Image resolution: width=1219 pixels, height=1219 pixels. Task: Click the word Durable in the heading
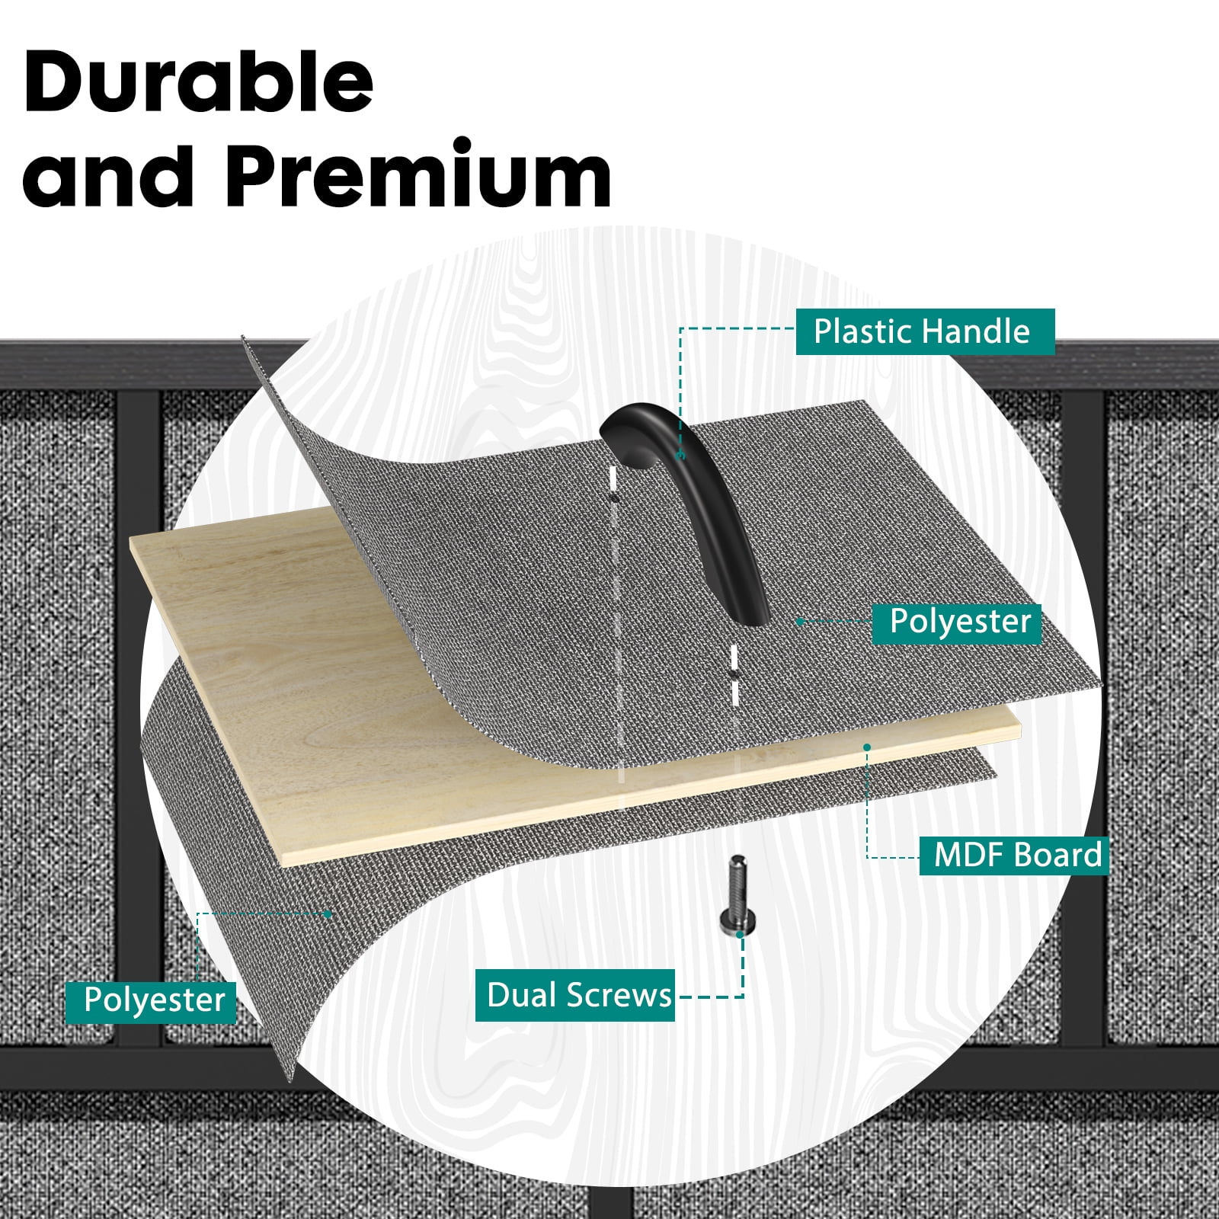(199, 82)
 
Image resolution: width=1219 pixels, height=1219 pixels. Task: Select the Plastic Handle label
(925, 331)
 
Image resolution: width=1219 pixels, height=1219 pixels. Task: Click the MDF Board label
(1014, 855)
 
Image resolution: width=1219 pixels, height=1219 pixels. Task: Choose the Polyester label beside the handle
(957, 622)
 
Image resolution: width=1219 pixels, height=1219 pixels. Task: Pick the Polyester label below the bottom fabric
(151, 1000)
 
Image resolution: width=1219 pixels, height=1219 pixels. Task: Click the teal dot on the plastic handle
(682, 456)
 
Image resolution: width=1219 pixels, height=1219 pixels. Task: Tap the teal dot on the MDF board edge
(867, 747)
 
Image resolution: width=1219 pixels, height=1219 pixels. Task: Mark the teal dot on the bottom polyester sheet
(328, 913)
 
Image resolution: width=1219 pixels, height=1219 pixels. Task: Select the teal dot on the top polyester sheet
(800, 622)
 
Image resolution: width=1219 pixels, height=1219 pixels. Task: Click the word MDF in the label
(968, 855)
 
